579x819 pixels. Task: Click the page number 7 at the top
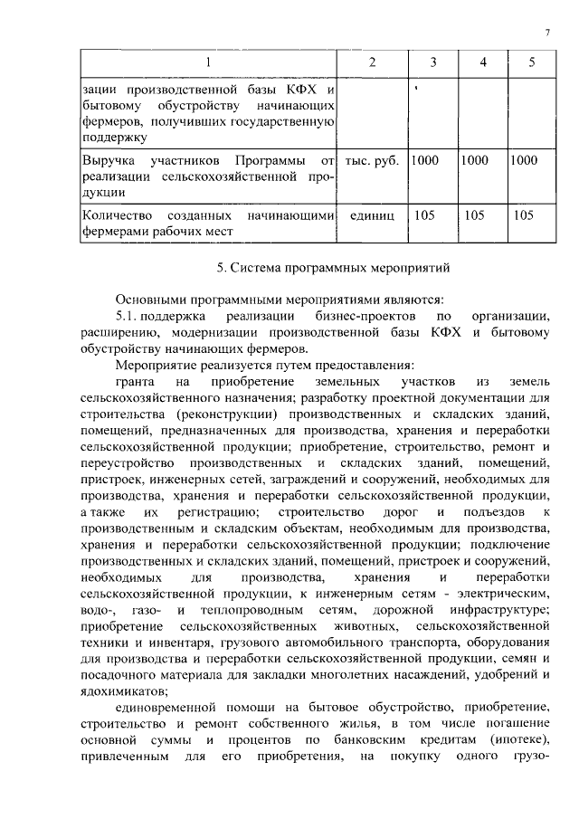547,33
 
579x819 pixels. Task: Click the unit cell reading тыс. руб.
372,160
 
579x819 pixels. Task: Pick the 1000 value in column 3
424,160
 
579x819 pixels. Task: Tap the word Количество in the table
119,216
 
